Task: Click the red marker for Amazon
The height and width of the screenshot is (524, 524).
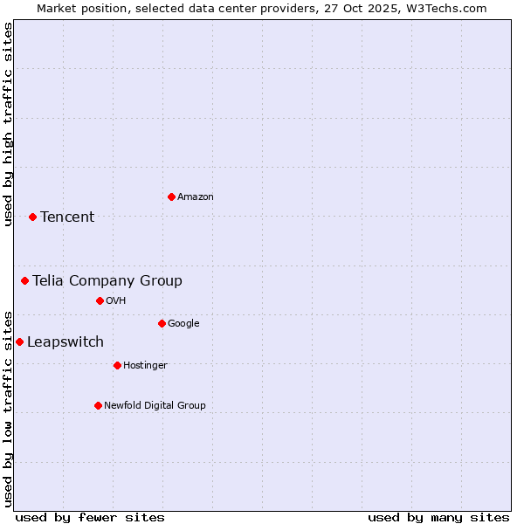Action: coord(171,196)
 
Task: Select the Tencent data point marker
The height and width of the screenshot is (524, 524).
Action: coord(32,217)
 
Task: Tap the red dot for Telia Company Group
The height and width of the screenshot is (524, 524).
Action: coord(25,280)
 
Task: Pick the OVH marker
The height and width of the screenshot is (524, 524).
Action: coord(100,300)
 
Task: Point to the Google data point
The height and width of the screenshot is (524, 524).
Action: coord(162,323)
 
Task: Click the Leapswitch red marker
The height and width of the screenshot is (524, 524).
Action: coord(19,341)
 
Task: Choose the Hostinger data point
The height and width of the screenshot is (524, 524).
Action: coord(117,365)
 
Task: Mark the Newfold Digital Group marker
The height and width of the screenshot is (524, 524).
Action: coord(98,405)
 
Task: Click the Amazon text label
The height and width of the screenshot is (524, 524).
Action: coord(195,196)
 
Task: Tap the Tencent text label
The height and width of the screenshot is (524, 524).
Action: coord(67,217)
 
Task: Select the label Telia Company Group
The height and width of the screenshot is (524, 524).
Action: coord(107,280)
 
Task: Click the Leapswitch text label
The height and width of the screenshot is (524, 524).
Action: coord(65,341)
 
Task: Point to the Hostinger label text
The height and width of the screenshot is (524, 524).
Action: coord(145,365)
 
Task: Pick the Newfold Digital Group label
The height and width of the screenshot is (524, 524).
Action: coord(155,405)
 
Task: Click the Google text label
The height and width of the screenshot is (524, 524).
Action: coord(183,323)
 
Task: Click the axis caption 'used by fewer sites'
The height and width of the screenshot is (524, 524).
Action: coord(90,517)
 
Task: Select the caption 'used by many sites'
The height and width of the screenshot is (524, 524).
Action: coord(438,517)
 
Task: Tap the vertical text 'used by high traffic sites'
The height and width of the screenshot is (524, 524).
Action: coord(8,124)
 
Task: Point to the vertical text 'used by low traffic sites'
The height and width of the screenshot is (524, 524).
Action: coord(8,408)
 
